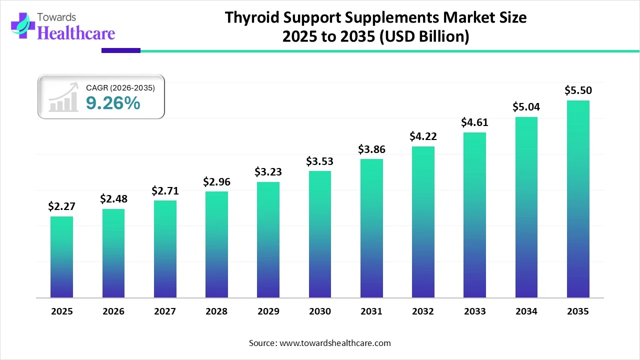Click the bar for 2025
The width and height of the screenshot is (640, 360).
pyautogui.click(x=61, y=257)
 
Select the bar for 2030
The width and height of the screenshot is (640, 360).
pyautogui.click(x=320, y=234)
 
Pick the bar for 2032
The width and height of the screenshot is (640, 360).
pyautogui.click(x=423, y=222)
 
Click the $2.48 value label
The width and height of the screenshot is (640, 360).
pyautogui.click(x=113, y=199)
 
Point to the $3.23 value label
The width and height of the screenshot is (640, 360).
pyautogui.click(x=268, y=172)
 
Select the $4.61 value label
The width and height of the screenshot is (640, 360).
pyautogui.click(x=474, y=122)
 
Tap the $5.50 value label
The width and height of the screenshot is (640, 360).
pyautogui.click(x=578, y=90)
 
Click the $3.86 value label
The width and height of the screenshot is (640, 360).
pyautogui.click(x=371, y=149)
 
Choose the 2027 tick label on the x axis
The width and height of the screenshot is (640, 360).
pyautogui.click(x=165, y=311)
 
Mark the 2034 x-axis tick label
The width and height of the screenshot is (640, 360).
pyautogui.click(x=526, y=311)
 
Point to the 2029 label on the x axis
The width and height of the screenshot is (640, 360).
pyautogui.click(x=268, y=311)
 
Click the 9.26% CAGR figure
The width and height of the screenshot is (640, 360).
pyautogui.click(x=113, y=103)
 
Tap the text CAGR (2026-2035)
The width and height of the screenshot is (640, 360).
pyautogui.click(x=120, y=88)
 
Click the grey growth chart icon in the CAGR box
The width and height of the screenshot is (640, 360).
pyautogui.click(x=63, y=97)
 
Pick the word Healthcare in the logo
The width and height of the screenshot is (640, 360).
pyautogui.click(x=76, y=33)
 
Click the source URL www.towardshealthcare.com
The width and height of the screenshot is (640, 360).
pyautogui.click(x=334, y=343)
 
